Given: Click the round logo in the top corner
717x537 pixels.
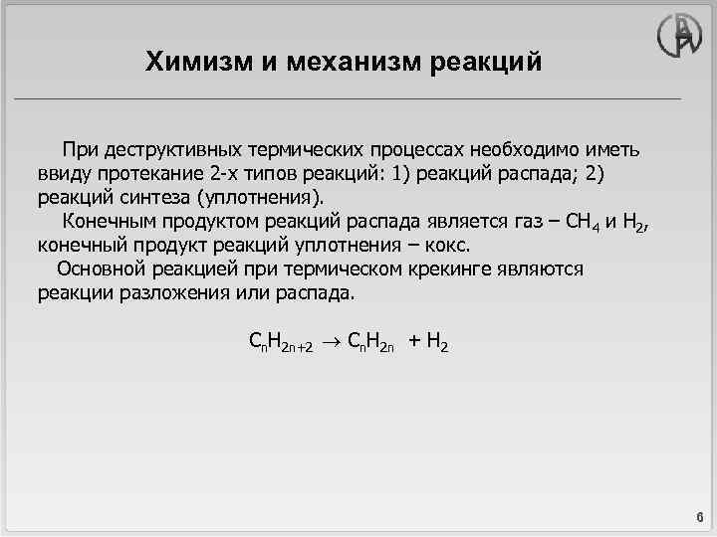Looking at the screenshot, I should [680, 36].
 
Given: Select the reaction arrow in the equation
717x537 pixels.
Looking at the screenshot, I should [333, 343].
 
